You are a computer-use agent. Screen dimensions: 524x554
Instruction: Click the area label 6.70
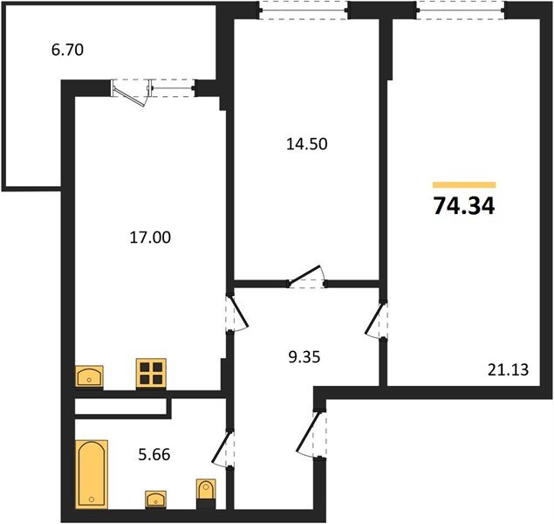[67, 51]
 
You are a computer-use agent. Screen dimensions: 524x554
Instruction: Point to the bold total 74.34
[463, 206]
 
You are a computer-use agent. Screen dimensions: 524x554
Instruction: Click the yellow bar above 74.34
[463, 184]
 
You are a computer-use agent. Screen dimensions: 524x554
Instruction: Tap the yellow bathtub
[91, 472]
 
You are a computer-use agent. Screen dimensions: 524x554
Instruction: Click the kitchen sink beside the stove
[90, 376]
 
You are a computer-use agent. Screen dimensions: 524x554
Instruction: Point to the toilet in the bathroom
[206, 492]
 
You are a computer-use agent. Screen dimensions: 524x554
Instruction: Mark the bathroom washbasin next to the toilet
[158, 499]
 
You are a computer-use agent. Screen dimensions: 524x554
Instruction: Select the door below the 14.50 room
[307, 278]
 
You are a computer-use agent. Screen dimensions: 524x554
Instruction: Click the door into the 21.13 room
[378, 321]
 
